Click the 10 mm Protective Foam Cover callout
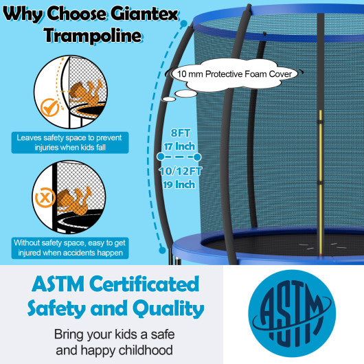coord(236,73)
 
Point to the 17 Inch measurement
coord(179,146)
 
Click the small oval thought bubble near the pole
coord(183,93)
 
